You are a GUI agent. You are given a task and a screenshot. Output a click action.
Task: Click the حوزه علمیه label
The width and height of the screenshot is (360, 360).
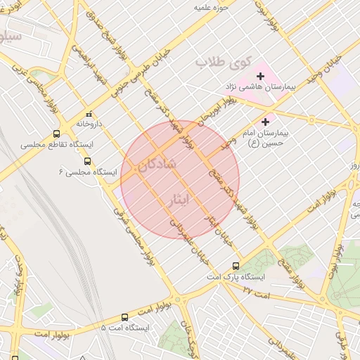coord(212,6)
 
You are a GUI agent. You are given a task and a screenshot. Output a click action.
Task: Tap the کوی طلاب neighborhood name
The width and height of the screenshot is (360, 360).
coord(222,62)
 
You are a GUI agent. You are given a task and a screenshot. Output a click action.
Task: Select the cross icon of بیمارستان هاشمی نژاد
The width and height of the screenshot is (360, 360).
coord(260,75)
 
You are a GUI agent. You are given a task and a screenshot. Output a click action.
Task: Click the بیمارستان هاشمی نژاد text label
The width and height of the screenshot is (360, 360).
coord(259,86)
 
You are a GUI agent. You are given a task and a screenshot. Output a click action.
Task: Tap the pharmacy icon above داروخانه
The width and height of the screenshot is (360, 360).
coord(89,114)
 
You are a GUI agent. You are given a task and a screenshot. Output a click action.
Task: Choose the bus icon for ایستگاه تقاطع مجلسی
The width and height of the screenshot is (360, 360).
coord(56,134)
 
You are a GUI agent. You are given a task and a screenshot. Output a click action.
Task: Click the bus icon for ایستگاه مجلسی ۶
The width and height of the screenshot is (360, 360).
coord(87,161)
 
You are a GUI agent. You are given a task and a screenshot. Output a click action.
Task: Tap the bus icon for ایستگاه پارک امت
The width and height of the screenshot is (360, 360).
coord(236,266)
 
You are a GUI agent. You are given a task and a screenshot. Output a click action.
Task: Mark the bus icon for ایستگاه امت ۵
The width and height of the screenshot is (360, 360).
coord(124,317)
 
